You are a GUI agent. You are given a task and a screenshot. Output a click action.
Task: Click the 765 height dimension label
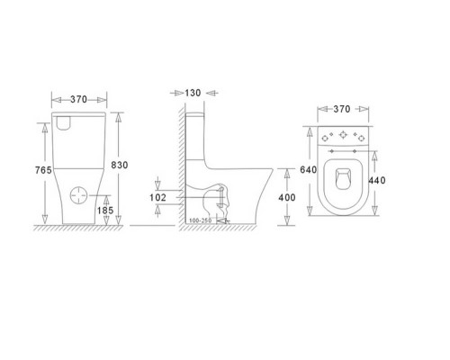point(43,170)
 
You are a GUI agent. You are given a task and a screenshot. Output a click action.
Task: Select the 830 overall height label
point(120,165)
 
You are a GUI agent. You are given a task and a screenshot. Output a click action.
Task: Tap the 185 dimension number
point(105,211)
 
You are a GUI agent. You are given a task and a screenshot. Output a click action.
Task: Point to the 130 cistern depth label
point(193,93)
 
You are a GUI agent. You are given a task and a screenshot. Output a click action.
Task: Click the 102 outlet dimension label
point(157,197)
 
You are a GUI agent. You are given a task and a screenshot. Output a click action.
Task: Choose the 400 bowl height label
point(287,197)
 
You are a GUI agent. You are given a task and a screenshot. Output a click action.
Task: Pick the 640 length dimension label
point(309,170)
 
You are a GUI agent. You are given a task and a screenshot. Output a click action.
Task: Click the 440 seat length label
point(377,180)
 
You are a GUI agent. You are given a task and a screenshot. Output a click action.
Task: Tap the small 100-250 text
point(200,220)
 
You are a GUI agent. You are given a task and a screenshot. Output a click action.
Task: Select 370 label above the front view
point(78,99)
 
